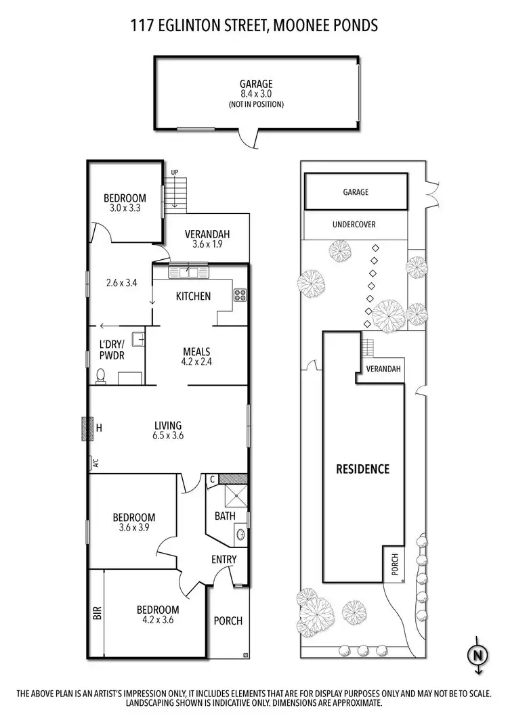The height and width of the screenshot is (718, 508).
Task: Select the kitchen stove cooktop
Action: (240, 294)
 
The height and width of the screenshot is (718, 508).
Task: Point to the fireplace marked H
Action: (86, 428)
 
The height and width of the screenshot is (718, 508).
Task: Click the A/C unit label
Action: (96, 464)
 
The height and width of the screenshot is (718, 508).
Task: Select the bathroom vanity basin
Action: (240, 534)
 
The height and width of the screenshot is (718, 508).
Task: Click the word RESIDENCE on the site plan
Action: (363, 468)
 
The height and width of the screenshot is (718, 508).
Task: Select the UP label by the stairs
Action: (174, 173)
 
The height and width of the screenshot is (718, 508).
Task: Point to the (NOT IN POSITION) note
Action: (255, 104)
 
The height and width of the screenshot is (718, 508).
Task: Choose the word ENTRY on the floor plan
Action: (224, 559)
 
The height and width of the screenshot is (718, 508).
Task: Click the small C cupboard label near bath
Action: (212, 479)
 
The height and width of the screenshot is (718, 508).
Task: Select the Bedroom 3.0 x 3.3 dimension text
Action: (125, 208)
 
